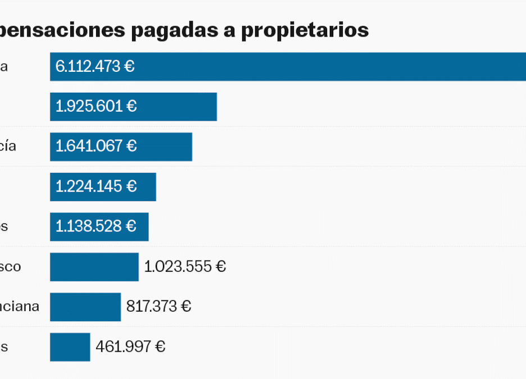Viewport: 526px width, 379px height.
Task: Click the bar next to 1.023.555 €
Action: click(94, 267)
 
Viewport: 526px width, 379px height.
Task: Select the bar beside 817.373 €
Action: click(85, 307)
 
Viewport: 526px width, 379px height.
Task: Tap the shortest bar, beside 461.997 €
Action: click(70, 347)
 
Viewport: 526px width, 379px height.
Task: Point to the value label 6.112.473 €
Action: click(95, 67)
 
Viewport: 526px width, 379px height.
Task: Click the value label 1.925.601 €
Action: click(96, 107)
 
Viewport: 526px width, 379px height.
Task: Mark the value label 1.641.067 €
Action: click(96, 147)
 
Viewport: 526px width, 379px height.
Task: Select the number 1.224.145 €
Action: click(96, 186)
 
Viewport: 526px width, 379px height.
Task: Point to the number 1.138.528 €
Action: click(96, 226)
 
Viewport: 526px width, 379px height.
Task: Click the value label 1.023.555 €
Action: click(185, 267)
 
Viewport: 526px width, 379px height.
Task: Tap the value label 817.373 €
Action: click(158, 307)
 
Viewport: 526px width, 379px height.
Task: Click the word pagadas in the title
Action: click(179, 30)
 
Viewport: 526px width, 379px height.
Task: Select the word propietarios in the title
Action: click(305, 30)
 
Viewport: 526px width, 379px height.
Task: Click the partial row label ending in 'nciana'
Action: click(19, 307)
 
